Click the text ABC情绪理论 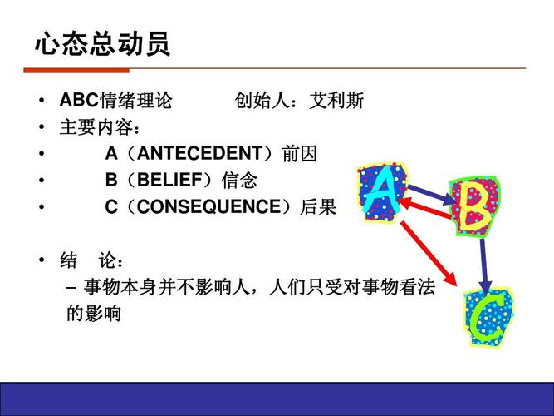coord(115,102)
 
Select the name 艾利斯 coord(336,102)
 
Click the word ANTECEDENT coord(199,154)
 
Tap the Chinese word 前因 coord(300,154)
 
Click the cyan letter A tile coord(380,192)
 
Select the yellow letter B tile coord(474,204)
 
